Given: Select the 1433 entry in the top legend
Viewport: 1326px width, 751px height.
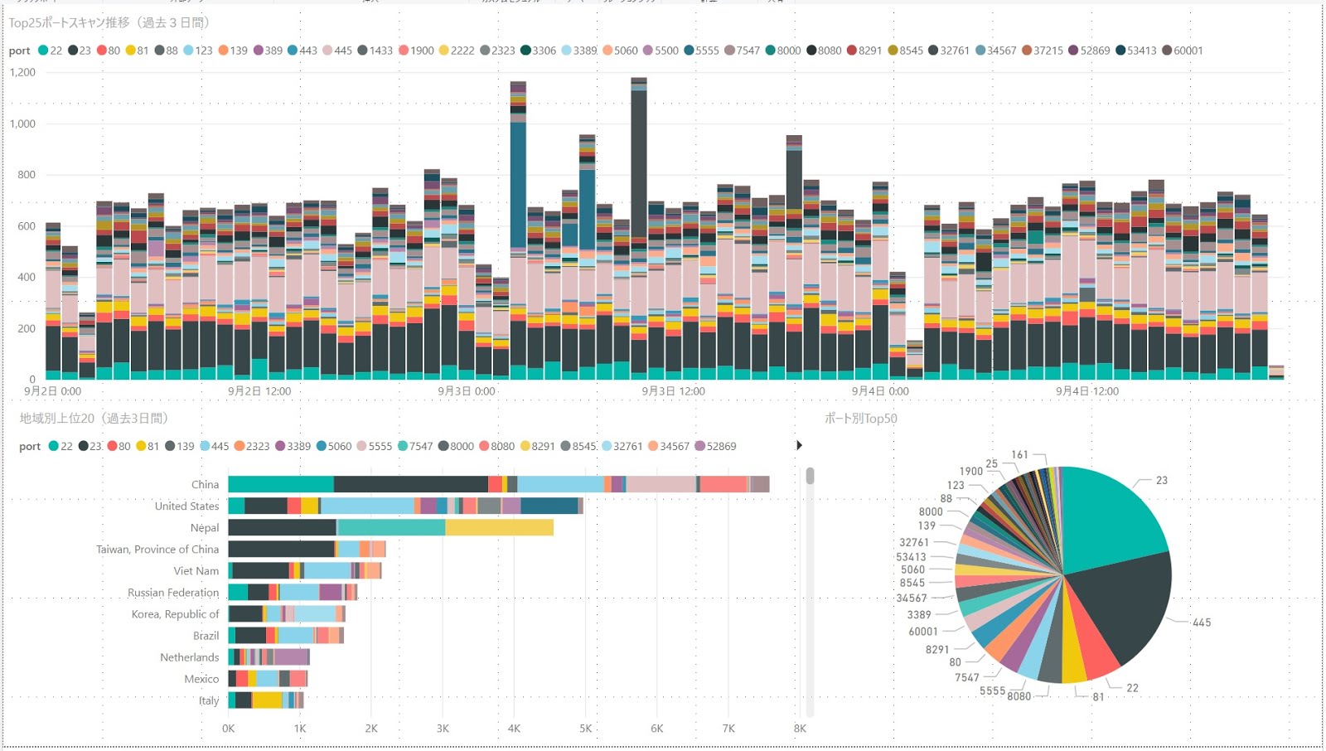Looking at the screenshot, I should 375,51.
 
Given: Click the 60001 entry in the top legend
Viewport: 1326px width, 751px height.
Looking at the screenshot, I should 1183,51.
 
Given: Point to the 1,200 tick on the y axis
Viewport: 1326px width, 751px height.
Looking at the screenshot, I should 22,72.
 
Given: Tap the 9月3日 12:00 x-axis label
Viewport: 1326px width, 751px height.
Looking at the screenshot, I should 673,391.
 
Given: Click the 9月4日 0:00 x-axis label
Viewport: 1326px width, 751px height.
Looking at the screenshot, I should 880,391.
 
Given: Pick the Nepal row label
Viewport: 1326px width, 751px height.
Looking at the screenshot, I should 205,528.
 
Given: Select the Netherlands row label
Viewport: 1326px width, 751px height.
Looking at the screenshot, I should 190,657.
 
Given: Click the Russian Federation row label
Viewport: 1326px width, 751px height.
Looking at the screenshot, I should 173,593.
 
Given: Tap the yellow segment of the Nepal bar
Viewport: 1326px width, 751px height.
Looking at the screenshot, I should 499,528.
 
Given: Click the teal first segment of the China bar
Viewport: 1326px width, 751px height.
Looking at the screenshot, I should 281,485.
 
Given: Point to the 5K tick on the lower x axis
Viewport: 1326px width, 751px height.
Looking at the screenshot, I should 586,729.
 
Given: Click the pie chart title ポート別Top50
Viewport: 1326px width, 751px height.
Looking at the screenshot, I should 860,419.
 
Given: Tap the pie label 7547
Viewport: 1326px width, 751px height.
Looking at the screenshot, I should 966,677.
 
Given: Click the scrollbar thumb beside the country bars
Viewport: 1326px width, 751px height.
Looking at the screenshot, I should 810,476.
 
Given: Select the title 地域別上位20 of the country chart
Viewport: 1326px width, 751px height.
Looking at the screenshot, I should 93,419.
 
